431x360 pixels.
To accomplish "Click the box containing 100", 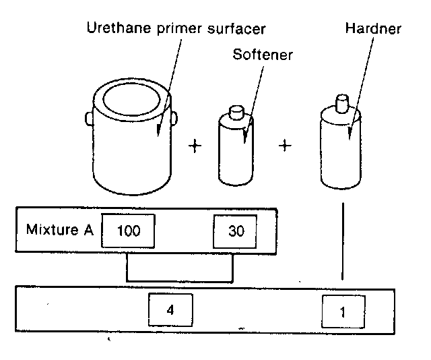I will (x=128, y=231).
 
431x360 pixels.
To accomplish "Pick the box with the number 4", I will (x=170, y=310).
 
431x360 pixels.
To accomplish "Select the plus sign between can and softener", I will (x=195, y=146).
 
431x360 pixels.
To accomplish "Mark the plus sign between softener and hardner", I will (x=285, y=146).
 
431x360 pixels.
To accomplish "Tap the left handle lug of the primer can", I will (x=89, y=119).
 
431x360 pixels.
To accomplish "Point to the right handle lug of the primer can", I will (x=174, y=119).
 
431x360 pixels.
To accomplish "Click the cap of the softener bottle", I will (x=236, y=112).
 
